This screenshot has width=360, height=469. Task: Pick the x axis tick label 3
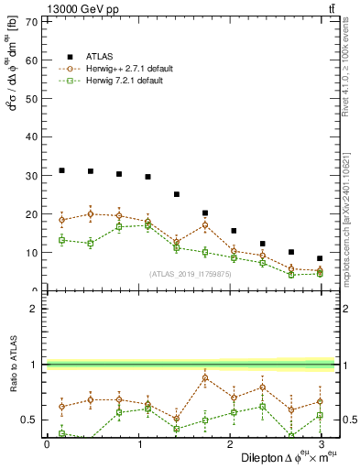(x=320, y=444)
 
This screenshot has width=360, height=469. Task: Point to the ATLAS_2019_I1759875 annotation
(x=191, y=273)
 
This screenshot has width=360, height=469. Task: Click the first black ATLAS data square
(x=61, y=170)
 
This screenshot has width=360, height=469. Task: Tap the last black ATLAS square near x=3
(x=320, y=258)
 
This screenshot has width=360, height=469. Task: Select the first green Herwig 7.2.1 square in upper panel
(x=61, y=240)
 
